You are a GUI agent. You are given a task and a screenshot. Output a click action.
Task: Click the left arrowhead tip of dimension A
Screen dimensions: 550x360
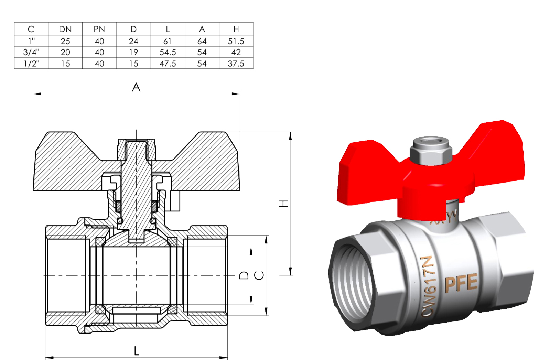(33, 94)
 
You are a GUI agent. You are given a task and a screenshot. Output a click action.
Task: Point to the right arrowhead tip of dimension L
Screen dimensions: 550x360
(227, 357)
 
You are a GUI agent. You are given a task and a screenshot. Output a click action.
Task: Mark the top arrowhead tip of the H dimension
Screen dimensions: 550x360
(290, 132)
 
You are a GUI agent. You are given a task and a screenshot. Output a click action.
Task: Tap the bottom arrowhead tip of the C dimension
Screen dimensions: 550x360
(266, 315)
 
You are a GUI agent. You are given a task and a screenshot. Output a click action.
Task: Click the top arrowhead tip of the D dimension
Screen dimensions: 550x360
(251, 247)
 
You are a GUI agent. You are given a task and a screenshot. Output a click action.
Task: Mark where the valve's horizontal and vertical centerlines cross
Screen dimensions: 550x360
(137, 275)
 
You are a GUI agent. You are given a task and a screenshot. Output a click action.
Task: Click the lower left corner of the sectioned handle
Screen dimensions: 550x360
(33, 190)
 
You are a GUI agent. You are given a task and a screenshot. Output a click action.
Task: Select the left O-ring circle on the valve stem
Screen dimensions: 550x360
(120, 221)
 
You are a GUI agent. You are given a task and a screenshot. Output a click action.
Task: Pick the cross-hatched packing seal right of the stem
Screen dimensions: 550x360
(154, 206)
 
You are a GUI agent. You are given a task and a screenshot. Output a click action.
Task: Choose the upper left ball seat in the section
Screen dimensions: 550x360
(100, 241)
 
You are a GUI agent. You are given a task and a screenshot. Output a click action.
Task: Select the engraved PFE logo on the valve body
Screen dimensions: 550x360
(461, 283)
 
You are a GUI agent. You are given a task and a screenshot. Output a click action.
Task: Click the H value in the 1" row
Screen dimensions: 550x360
(236, 41)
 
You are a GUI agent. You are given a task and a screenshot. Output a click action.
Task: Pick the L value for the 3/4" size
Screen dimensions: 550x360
(168, 52)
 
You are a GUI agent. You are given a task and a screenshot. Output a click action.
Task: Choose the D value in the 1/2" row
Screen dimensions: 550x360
(133, 64)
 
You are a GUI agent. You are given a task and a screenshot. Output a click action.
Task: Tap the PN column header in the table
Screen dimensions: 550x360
(99, 30)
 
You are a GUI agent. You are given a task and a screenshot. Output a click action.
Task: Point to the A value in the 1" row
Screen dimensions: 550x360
(202, 41)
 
